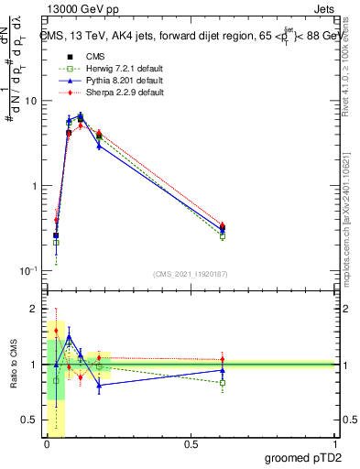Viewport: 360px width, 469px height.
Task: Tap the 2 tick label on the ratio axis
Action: click(x=36, y=308)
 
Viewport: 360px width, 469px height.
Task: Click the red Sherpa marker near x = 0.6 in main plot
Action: click(x=223, y=224)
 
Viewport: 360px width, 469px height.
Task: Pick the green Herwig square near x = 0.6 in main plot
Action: click(x=223, y=236)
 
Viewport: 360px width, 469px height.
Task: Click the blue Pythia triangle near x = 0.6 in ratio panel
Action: click(x=223, y=371)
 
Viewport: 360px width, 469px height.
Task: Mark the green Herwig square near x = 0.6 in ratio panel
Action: click(x=223, y=383)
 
